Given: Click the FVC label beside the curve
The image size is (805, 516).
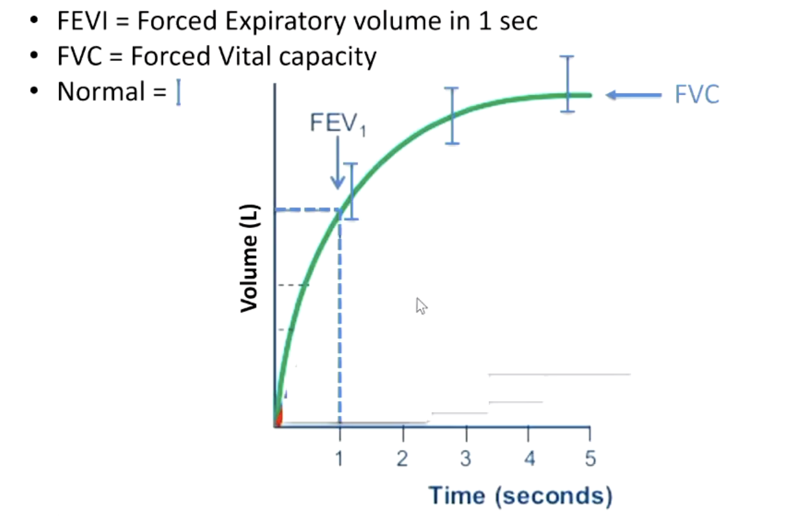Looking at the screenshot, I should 697,95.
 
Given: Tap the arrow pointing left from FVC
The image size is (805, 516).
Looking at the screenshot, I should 634,96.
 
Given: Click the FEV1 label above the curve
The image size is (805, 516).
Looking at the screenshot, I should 337,123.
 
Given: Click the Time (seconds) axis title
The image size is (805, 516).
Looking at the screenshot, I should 520,495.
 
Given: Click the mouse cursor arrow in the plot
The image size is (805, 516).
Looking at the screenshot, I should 421,306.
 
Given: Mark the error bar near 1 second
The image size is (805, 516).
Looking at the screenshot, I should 351,191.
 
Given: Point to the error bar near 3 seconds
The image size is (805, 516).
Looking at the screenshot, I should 453,116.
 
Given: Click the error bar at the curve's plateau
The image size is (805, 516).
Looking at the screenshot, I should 566,84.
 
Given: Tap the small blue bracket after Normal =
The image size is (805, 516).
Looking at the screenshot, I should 178,93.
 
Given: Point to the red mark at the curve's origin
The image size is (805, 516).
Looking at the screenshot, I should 278,418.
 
